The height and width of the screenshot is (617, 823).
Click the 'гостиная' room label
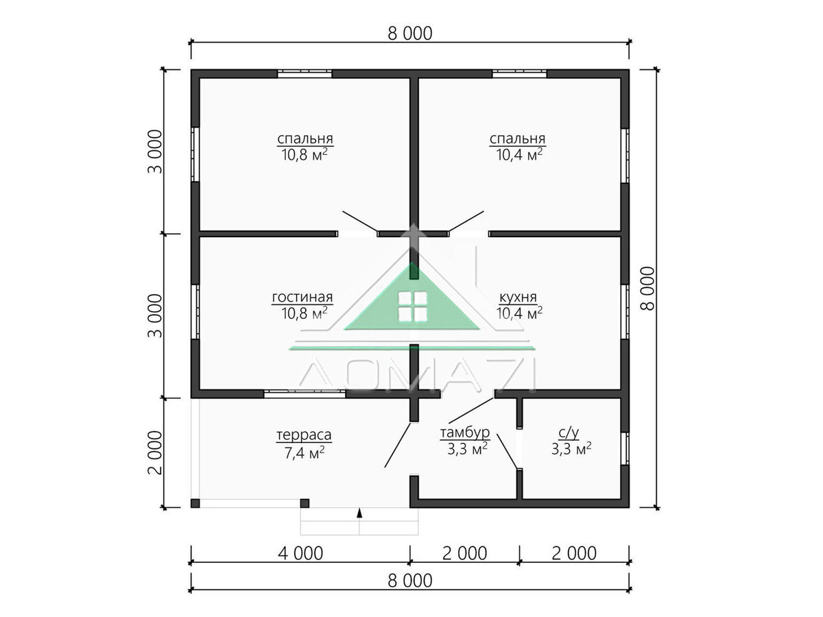[302, 297]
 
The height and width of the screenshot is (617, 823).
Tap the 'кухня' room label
[518, 297]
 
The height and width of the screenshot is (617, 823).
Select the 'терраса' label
[304, 435]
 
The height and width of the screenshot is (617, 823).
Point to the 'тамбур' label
[465, 433]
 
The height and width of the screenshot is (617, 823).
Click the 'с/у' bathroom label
[569, 433]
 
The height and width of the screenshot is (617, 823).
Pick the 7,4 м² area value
[304, 452]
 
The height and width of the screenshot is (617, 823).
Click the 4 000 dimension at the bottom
[300, 553]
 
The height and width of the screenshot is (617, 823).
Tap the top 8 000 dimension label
[410, 34]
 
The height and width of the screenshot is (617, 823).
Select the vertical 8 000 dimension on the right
[647, 289]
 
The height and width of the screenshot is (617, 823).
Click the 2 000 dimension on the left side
[154, 452]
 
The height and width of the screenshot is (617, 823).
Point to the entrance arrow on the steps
[359, 513]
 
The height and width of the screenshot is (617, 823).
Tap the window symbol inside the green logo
[412, 307]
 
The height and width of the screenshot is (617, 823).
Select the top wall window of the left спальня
[305, 73]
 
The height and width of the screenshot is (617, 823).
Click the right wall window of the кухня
[625, 312]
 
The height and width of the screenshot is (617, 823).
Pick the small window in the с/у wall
[625, 449]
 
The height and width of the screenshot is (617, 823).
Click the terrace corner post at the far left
[195, 503]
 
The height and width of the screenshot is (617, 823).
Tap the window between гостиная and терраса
[305, 394]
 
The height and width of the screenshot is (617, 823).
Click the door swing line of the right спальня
[466, 221]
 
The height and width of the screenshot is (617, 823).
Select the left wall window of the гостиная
[195, 312]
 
